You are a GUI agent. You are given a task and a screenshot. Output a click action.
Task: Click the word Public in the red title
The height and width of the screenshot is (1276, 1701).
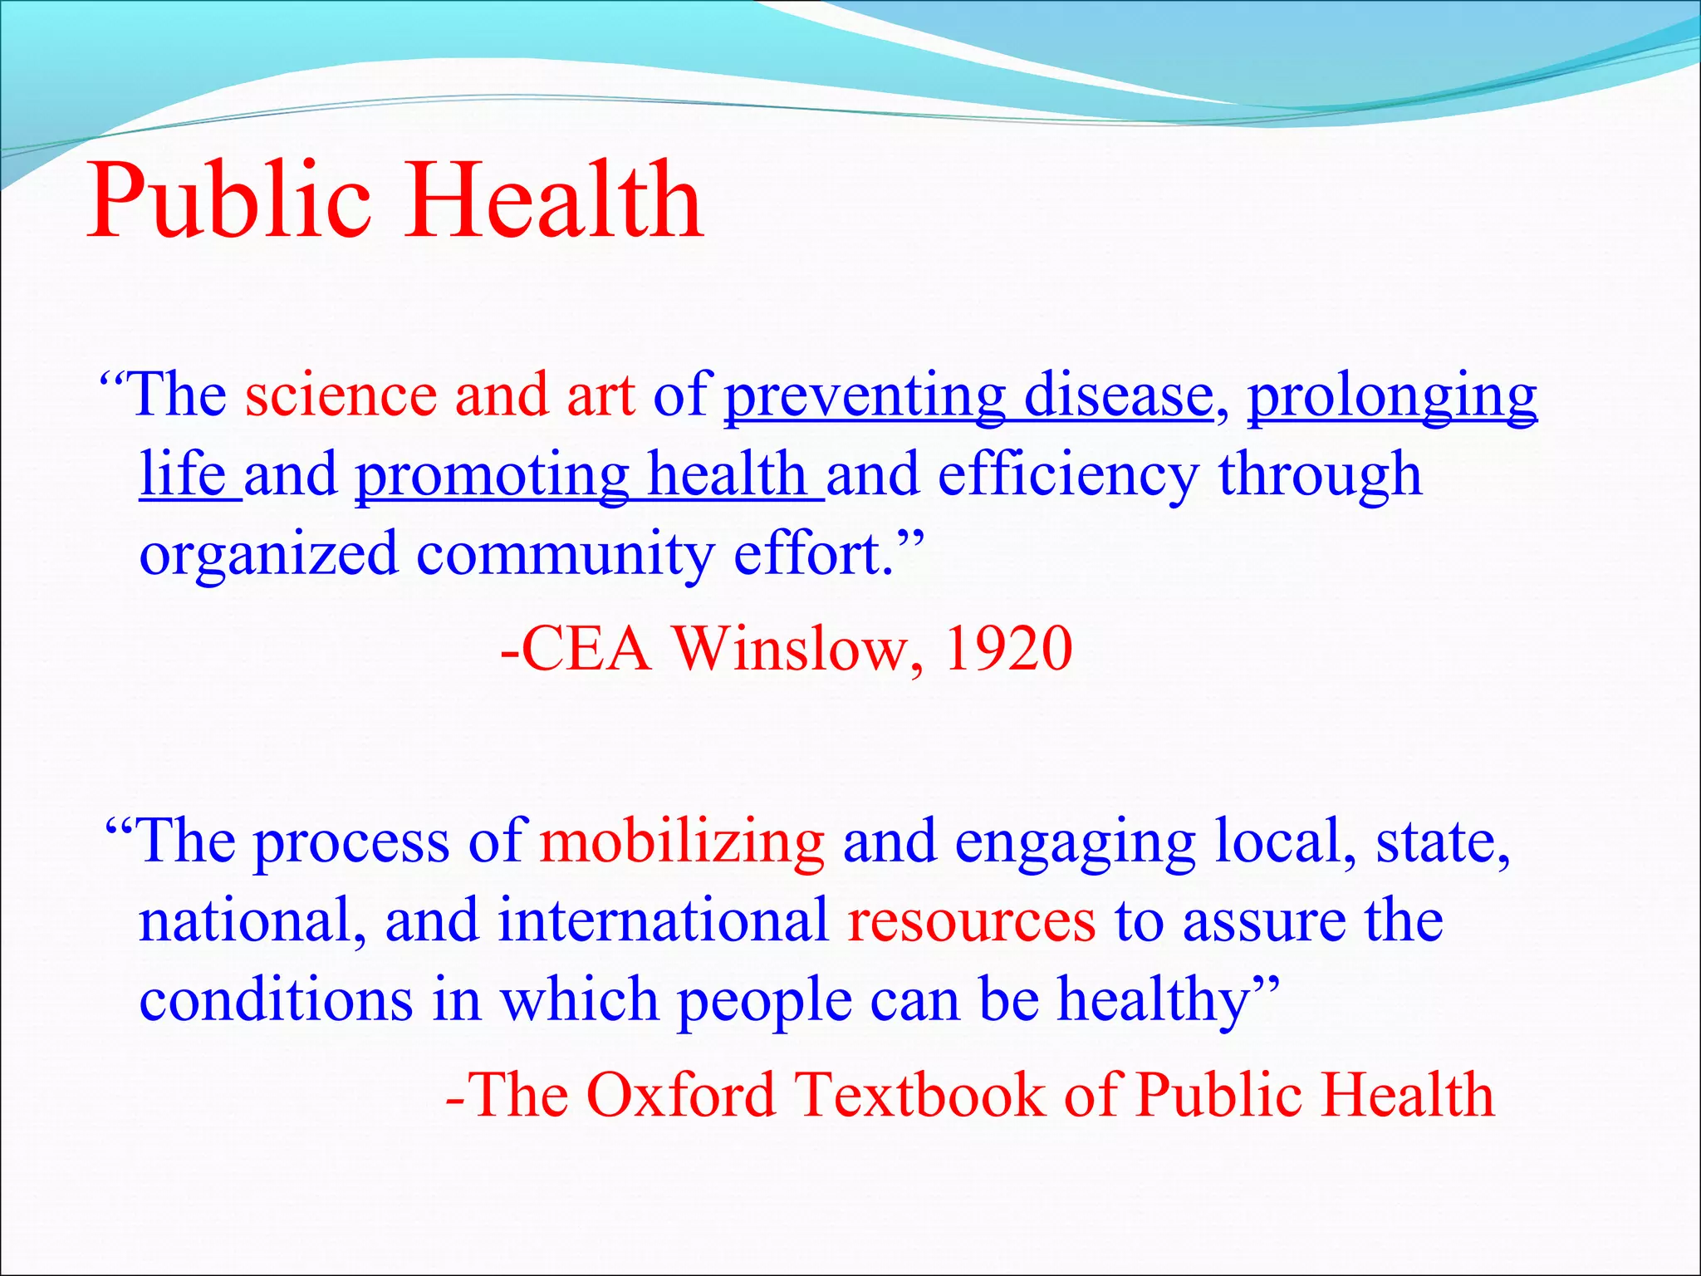pyautogui.click(x=228, y=202)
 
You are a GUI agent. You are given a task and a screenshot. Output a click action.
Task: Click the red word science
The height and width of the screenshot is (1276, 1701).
pyautogui.click(x=341, y=395)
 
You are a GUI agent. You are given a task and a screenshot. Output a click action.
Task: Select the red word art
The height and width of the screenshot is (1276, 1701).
pyautogui.click(x=600, y=395)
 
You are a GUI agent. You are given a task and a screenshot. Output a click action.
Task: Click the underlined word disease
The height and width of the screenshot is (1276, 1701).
pyautogui.click(x=1118, y=395)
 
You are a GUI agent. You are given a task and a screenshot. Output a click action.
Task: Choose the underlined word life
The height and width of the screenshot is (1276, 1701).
pyautogui.click(x=183, y=474)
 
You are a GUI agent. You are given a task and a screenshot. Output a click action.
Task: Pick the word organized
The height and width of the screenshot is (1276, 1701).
pyautogui.click(x=268, y=555)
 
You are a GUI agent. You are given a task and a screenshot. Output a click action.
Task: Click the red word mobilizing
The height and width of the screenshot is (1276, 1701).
pyautogui.click(x=682, y=842)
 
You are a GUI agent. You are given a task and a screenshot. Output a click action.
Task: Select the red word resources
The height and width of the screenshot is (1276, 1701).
pyautogui.click(x=971, y=921)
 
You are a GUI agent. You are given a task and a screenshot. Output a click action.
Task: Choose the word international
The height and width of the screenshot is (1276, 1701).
pyautogui.click(x=663, y=921)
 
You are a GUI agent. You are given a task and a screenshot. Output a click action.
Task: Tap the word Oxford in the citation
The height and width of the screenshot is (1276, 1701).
pyautogui.click(x=681, y=1095)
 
